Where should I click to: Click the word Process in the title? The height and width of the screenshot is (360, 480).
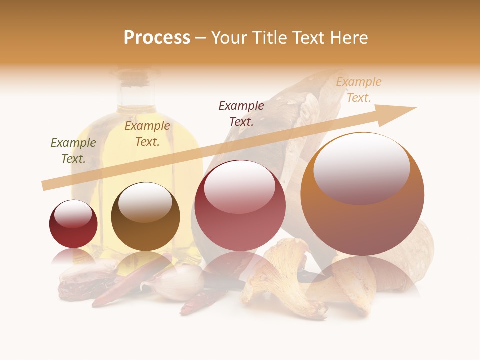(x=157, y=38)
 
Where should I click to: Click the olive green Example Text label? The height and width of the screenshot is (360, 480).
(x=73, y=151)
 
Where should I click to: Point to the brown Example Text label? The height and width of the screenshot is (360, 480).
(x=147, y=134)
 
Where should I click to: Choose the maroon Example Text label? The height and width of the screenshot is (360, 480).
(x=241, y=113)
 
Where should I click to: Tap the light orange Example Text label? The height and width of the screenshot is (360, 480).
(x=359, y=90)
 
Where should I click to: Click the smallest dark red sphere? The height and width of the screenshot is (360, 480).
(x=73, y=225)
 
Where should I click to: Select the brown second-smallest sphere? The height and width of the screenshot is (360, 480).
(x=145, y=217)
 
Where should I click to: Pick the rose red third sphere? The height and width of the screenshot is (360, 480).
(x=240, y=206)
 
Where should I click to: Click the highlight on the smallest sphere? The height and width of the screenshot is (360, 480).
(x=73, y=215)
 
